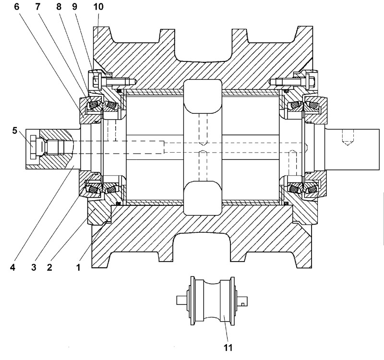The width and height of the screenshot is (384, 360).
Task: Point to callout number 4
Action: tap(14, 268)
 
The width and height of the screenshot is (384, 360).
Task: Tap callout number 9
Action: tap(74, 7)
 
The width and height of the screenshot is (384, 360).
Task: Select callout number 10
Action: tap(97, 7)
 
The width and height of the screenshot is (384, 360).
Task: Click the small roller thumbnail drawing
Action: tap(213, 300)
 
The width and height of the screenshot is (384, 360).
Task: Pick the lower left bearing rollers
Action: tap(93, 191)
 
